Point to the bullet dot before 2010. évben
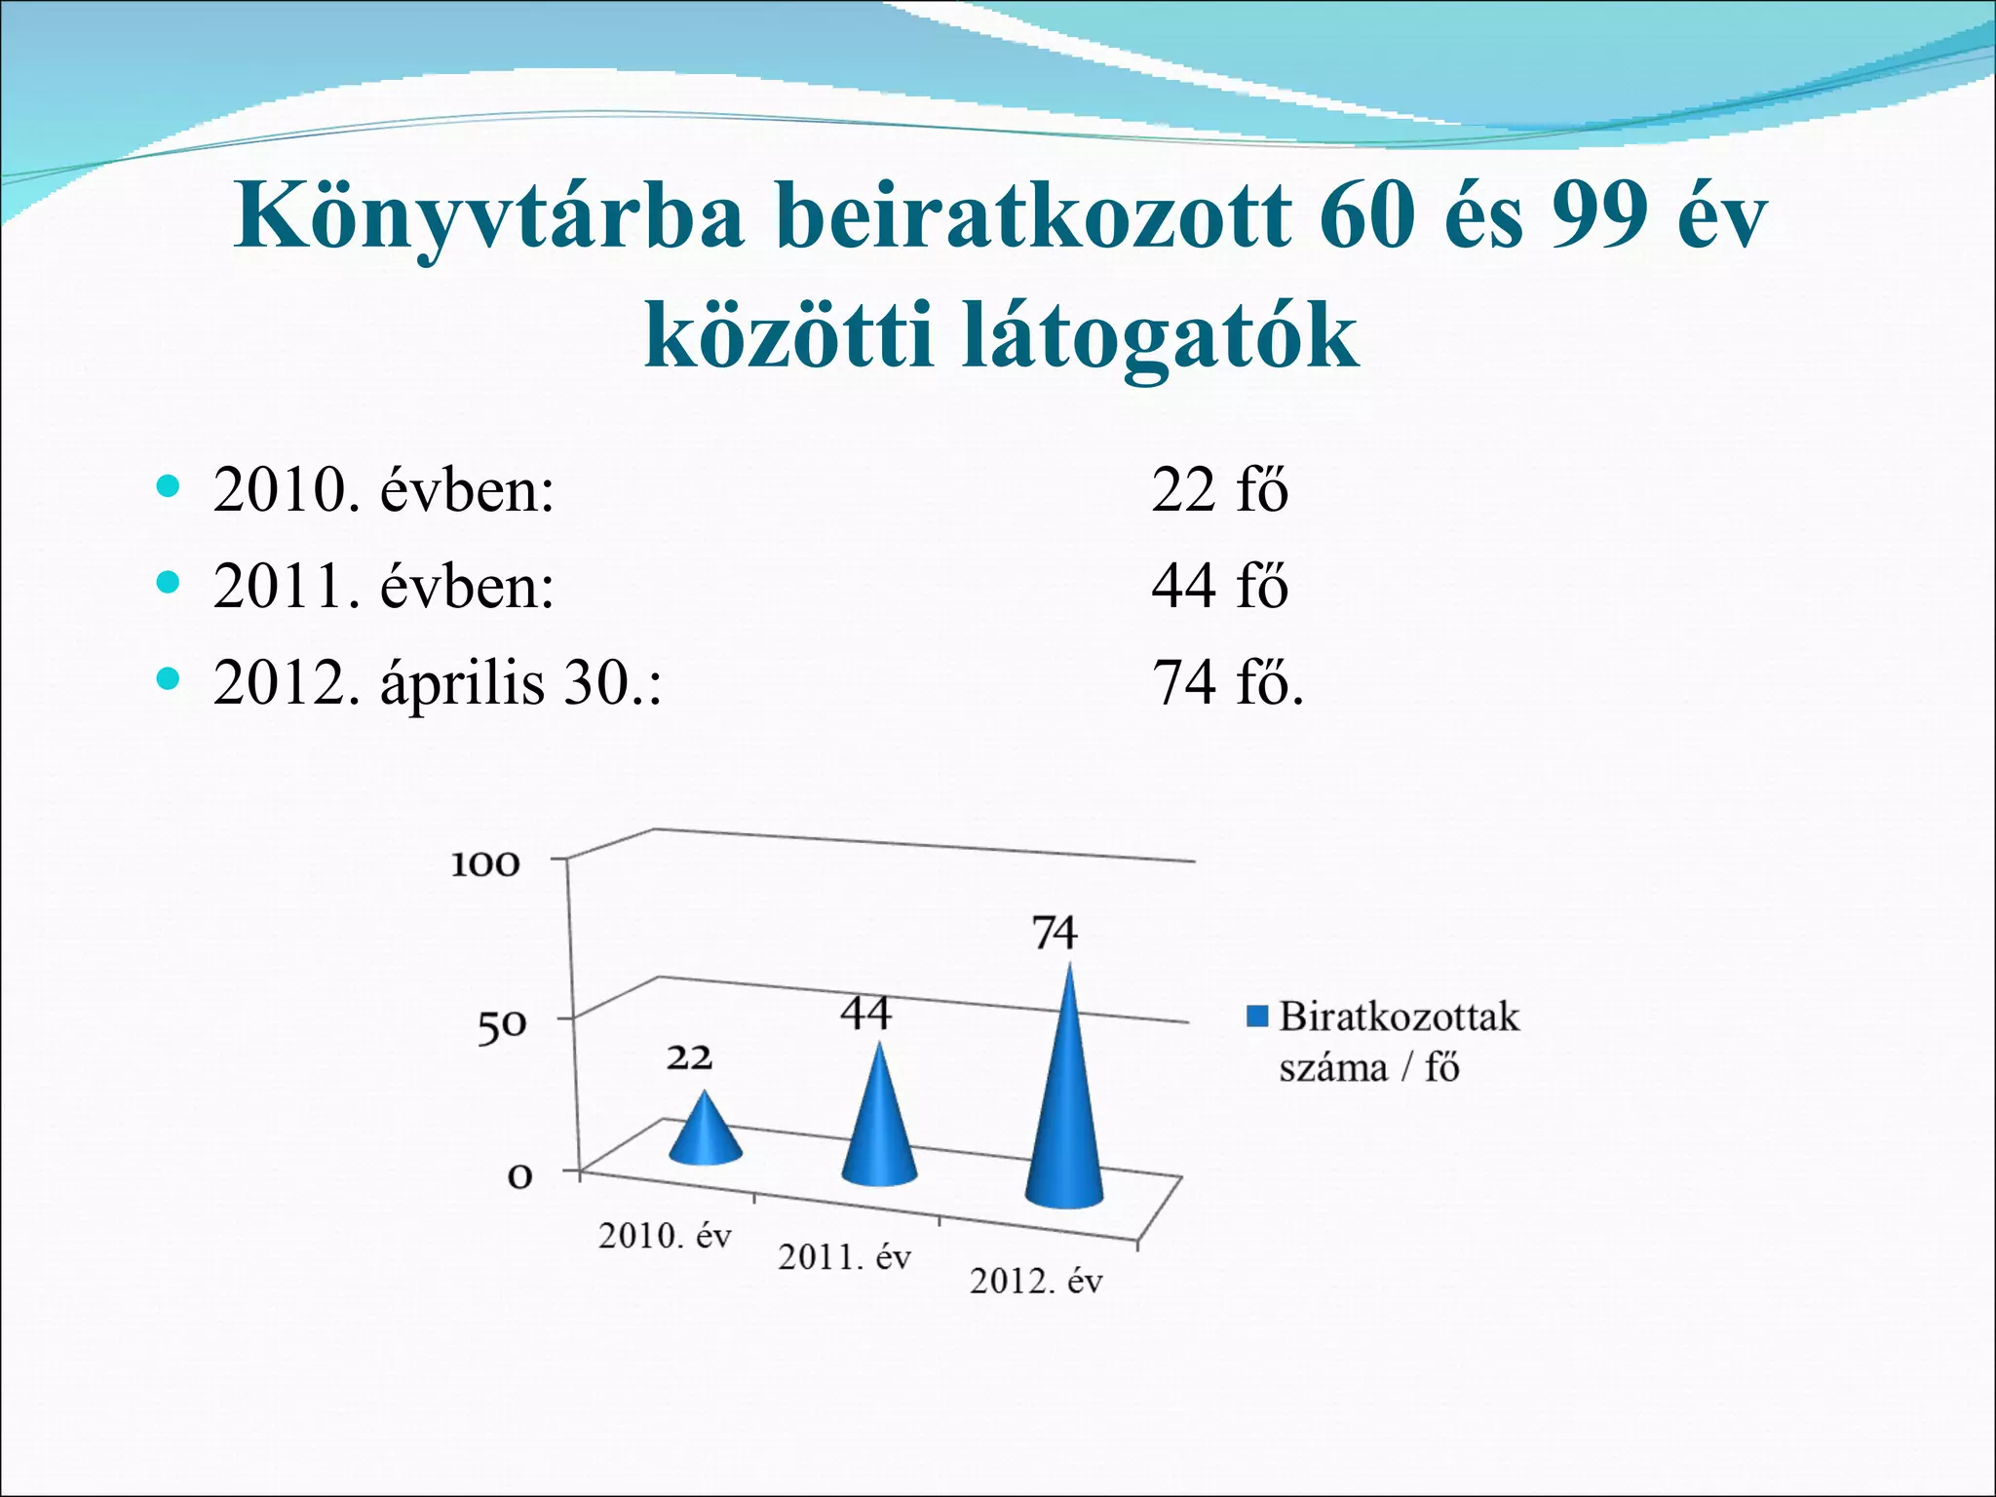[169, 485]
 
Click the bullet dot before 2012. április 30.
[169, 678]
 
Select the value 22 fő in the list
[1219, 489]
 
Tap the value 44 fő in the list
[1219, 586]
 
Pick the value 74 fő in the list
[1227, 682]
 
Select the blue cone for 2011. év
[879, 1121]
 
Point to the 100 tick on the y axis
[485, 864]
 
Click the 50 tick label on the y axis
[501, 1025]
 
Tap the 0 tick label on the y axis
[520, 1176]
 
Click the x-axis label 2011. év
[844, 1257]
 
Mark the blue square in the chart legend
[1257, 1017]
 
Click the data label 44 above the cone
[865, 1014]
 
